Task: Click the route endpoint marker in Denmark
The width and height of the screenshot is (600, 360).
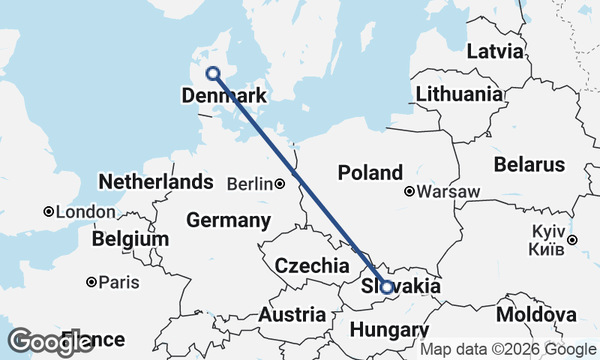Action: pos(213,73)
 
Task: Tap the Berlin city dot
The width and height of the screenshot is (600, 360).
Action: pos(279,184)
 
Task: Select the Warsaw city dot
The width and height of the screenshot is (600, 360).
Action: pos(409,191)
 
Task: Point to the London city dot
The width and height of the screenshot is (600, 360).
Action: pos(49,212)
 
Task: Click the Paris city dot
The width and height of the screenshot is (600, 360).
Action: pos(91,282)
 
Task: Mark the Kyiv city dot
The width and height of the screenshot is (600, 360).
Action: pos(572,240)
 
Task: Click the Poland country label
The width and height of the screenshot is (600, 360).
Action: pos(370,172)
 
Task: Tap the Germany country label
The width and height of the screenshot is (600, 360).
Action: pos(228,220)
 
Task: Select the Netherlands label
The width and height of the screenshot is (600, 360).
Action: pos(156,181)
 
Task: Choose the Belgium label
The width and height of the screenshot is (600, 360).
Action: pos(130,239)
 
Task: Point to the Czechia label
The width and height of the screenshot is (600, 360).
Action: pos(312,265)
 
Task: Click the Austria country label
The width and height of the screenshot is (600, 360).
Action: pos(292,315)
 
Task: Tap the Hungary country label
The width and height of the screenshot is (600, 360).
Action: pos(388,331)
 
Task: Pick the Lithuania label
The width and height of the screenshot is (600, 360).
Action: pos(459,94)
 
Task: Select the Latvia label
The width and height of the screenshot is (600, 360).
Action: pos(494,52)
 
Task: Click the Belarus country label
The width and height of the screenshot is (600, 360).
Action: pos(529,164)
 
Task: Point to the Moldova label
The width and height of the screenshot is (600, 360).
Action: pos(535,314)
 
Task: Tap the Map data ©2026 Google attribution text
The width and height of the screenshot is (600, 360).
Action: pos(508,349)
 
